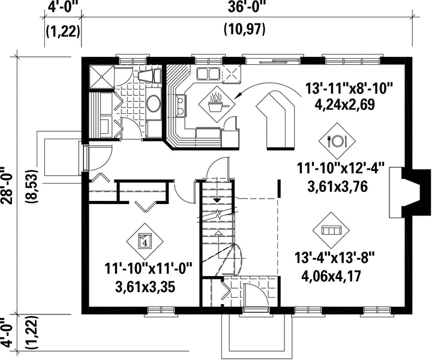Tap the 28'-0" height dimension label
(7, 185)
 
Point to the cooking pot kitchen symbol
(217, 104)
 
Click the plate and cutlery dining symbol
(337, 141)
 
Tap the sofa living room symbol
(331, 230)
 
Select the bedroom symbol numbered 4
(145, 241)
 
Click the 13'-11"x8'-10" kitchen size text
(349, 90)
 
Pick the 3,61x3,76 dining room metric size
(337, 187)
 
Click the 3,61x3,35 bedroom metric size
(145, 288)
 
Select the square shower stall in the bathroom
(101, 76)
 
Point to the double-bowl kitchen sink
(208, 74)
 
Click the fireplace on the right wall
(409, 192)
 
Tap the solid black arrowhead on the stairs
(218, 200)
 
